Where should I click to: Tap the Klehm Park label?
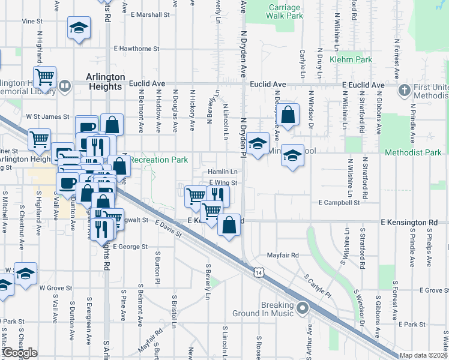pos(351,59)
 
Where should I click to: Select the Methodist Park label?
pos(421,153)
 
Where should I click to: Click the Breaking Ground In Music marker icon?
pos(303,309)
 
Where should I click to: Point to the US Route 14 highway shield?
pos(258,272)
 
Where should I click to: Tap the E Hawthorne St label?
pos(136,49)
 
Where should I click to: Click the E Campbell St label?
pos(339,203)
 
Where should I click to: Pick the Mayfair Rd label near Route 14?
pos(283,255)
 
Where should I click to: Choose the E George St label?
pos(130,247)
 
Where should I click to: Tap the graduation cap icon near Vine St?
pos(78,28)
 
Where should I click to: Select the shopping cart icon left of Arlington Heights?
pos(44,77)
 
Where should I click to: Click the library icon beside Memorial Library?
pos(65,86)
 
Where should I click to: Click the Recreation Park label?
pos(159,160)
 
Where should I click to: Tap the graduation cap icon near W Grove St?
pos(25,273)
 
